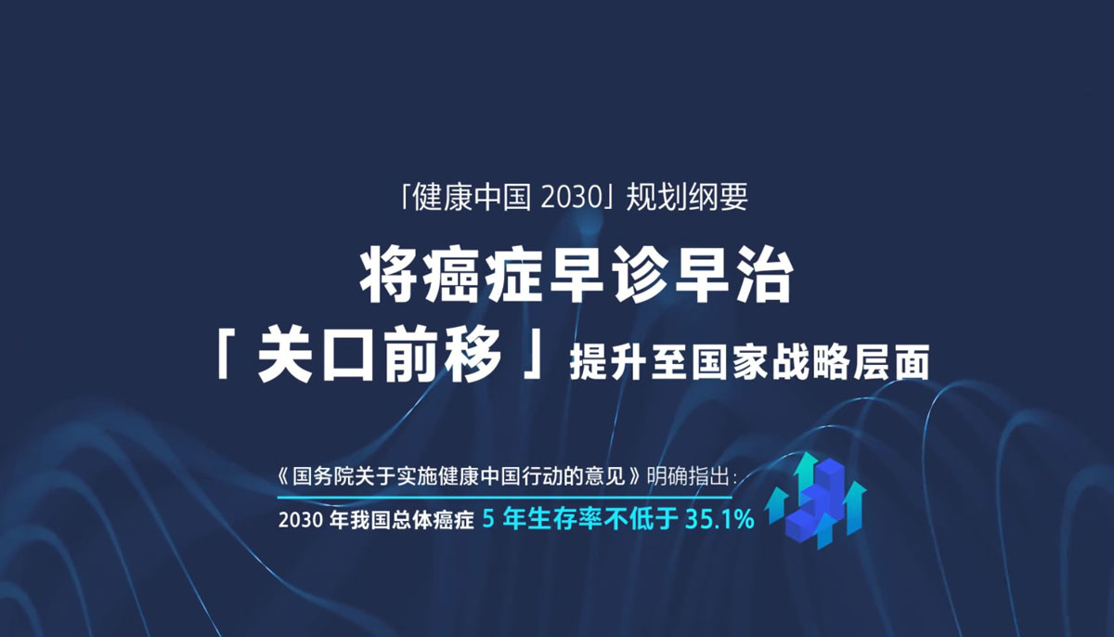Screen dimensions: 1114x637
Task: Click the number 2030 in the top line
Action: tap(571, 197)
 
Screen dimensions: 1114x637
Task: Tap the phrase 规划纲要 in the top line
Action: tap(687, 197)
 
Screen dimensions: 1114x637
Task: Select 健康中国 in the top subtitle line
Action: tap(472, 197)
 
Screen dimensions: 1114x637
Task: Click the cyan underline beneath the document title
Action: tap(504, 497)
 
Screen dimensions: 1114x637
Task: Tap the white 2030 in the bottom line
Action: tap(301, 521)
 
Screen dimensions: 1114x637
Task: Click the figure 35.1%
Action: tap(719, 519)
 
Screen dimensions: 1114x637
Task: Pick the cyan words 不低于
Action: tap(641, 519)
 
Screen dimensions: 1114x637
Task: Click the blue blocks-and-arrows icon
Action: tap(816, 500)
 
